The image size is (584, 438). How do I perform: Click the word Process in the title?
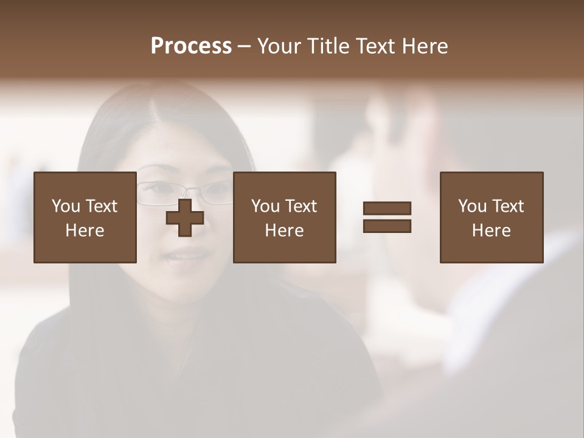[191, 46]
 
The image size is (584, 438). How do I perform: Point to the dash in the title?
[245, 47]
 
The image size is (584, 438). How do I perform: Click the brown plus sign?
[185, 218]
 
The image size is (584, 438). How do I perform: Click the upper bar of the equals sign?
[387, 208]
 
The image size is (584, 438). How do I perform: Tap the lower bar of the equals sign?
[387, 226]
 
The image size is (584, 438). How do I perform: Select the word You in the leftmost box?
[66, 206]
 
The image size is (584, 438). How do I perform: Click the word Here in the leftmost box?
[85, 231]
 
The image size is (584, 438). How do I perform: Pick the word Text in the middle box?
[301, 206]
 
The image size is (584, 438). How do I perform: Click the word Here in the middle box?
[284, 231]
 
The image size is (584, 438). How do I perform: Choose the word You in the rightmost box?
[472, 206]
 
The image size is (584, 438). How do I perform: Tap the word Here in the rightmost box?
[491, 231]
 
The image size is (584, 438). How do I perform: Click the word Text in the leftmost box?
[101, 206]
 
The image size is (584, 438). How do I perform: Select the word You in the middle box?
[265, 206]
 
